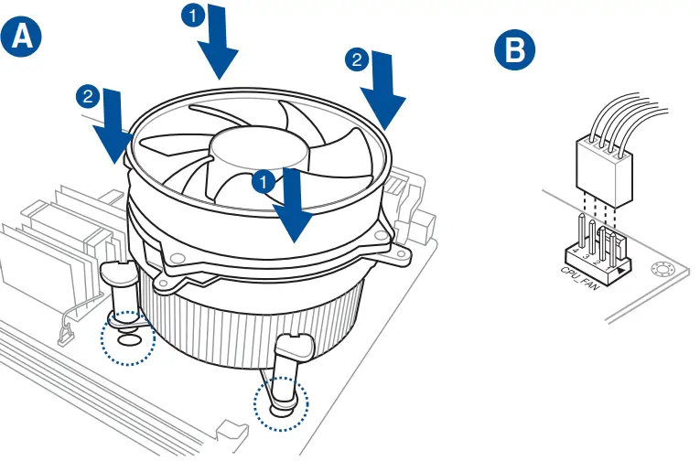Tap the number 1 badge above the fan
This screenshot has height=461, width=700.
(x=192, y=15)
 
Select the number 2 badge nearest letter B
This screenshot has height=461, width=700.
(x=355, y=60)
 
